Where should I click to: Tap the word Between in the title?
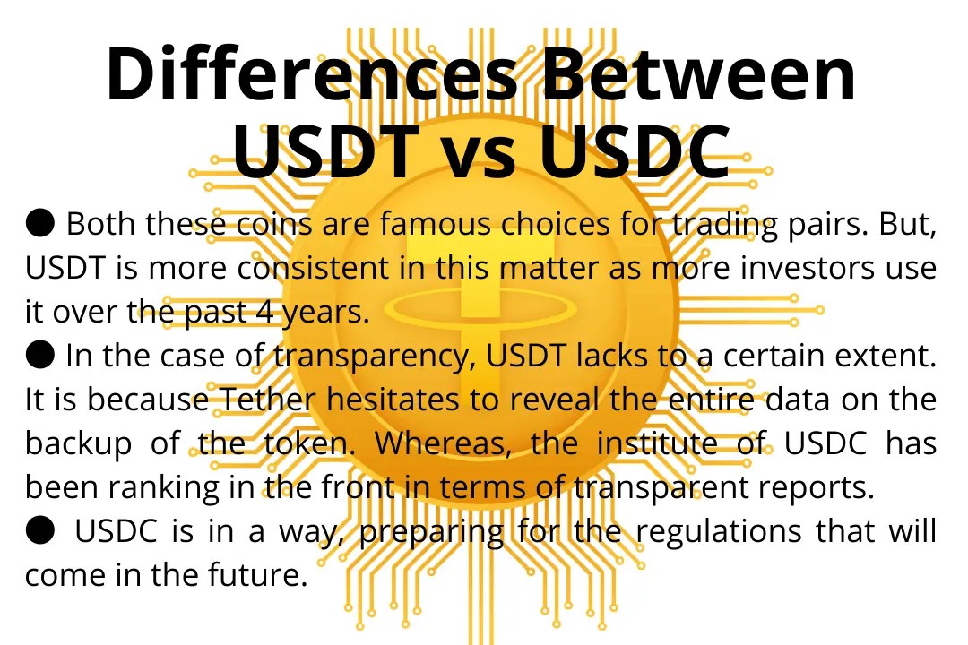pyautogui.click(x=699, y=74)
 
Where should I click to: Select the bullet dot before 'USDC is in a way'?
pyautogui.click(x=39, y=530)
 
